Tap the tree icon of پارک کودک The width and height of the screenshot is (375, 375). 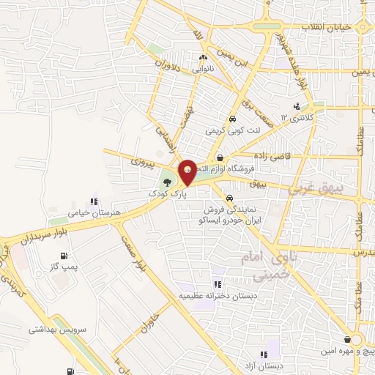pos(168,182)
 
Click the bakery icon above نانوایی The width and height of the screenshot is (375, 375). pos(204,57)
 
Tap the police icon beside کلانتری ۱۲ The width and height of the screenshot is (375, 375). pos(297,105)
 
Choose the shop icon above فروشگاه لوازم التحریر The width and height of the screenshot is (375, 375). pos(220,157)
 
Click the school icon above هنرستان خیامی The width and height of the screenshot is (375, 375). pos(93,201)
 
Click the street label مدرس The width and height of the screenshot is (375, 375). pos(365,251)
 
